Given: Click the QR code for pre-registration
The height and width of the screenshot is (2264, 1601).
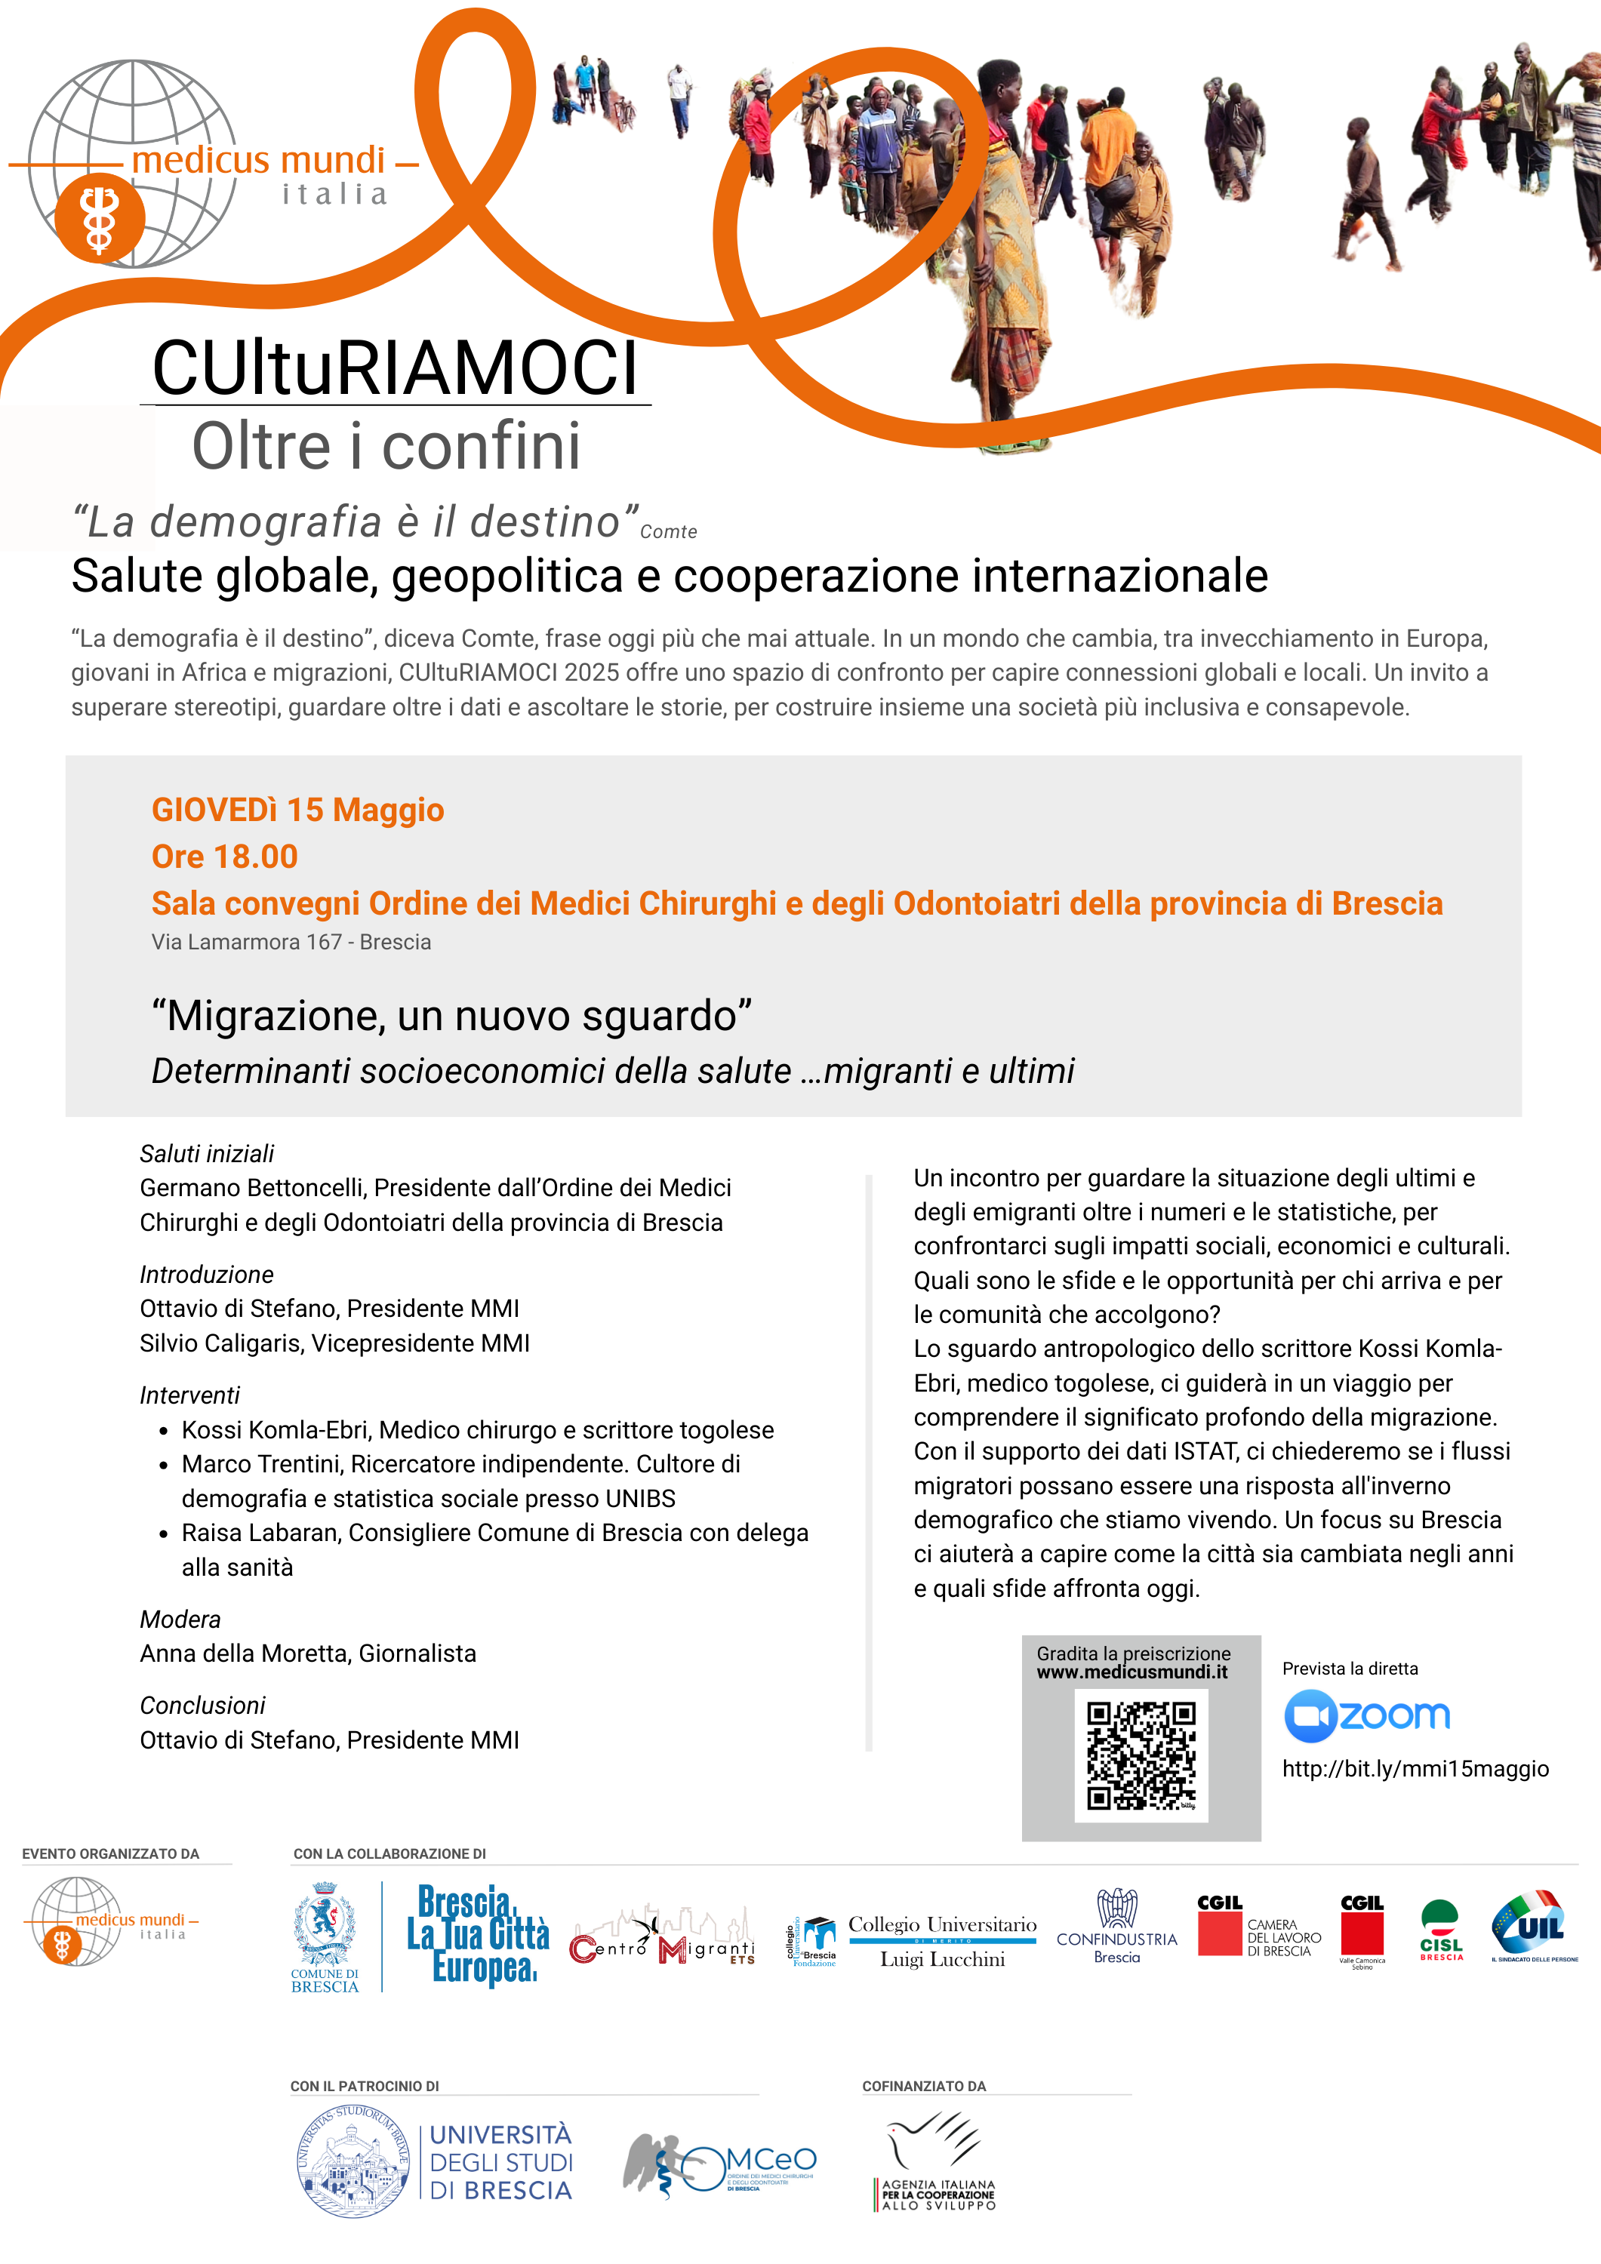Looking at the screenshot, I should click(1141, 1756).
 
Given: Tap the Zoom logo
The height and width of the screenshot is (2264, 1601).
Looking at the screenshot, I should click(1367, 1717).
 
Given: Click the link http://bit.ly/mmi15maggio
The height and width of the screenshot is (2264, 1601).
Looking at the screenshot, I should click(1415, 1769).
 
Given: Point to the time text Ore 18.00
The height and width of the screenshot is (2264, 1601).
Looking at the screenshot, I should click(225, 857).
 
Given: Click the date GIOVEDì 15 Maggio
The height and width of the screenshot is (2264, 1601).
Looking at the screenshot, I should click(298, 810).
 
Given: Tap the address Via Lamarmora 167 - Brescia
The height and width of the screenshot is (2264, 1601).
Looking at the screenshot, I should click(291, 943).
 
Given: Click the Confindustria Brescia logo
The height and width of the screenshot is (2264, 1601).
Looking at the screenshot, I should click(1116, 1927).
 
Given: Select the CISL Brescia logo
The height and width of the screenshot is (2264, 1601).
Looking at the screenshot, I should click(1440, 1930).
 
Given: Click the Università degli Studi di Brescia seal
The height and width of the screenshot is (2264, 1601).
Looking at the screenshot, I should click(353, 2162).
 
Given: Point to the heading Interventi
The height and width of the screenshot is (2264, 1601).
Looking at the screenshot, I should click(189, 1395).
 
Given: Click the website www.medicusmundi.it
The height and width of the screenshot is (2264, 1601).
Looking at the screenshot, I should click(1131, 1672).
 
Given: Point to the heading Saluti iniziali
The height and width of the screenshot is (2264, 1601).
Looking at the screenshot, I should click(206, 1154).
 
